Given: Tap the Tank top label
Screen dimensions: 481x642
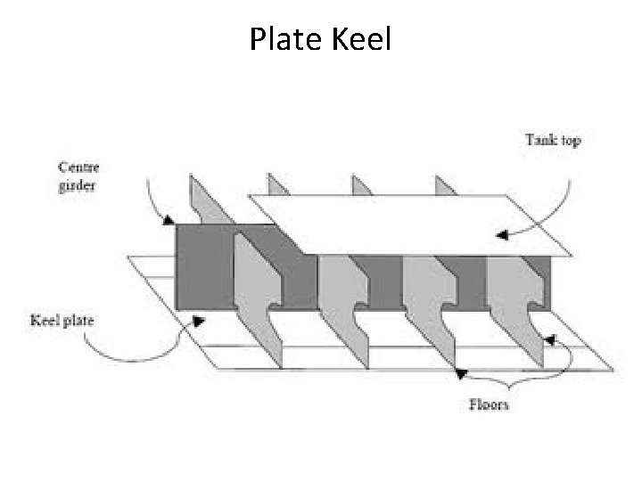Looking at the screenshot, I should (553, 140).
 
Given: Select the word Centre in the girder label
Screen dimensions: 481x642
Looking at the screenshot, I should (78, 167).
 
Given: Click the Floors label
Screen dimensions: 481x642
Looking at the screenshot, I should (489, 404).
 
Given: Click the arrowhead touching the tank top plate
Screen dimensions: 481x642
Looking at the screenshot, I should (502, 236).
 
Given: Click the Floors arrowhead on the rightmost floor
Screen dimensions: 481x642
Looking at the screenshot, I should (549, 339).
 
